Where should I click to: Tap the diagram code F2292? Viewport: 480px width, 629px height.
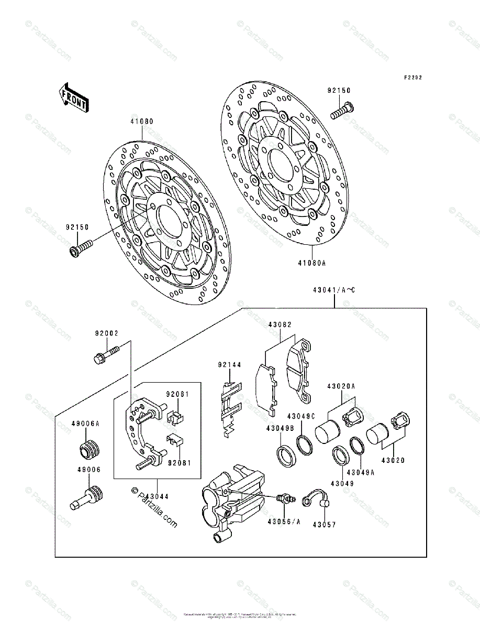click(x=412, y=78)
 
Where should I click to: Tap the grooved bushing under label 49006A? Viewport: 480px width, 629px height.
click(x=90, y=450)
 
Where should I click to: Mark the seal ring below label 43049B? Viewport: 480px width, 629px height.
click(x=286, y=454)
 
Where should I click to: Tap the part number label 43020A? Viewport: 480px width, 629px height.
click(x=341, y=386)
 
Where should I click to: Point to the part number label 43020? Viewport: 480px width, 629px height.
click(x=393, y=460)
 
